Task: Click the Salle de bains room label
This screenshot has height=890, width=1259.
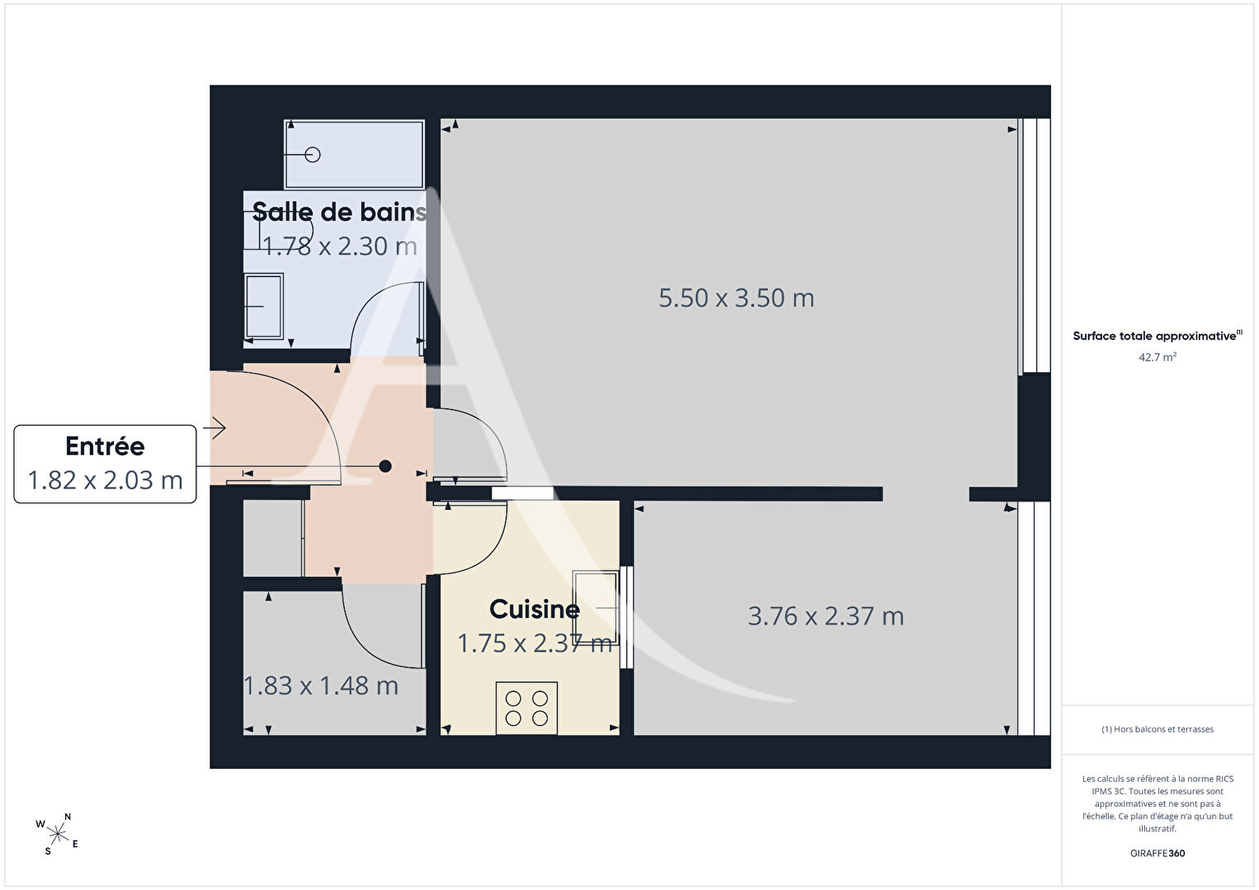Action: (x=339, y=212)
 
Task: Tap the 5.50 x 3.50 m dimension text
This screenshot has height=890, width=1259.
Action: (x=736, y=298)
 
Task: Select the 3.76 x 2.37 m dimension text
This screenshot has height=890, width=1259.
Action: (x=826, y=616)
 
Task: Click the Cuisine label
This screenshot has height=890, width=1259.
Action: (x=535, y=610)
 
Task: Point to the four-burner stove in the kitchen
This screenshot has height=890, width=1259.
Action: (x=526, y=708)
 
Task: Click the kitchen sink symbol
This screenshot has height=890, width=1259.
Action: (x=595, y=607)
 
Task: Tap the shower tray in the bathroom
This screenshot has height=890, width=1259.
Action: (x=354, y=154)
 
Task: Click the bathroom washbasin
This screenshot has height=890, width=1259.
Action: (x=264, y=306)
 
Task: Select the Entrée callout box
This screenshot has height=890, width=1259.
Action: (x=105, y=464)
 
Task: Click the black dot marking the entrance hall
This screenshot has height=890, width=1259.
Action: (x=385, y=466)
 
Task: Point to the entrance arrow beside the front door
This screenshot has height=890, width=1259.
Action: (x=215, y=428)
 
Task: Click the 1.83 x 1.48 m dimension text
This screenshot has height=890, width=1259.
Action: (x=321, y=685)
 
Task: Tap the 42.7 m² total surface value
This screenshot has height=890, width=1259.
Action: (x=1158, y=357)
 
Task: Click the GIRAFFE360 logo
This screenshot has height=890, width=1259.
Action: (x=1158, y=853)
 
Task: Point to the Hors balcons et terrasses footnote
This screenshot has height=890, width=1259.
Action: (x=1158, y=728)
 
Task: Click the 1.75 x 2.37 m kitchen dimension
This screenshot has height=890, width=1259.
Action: (x=535, y=643)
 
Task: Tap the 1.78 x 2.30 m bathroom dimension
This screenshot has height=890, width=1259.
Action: (x=340, y=247)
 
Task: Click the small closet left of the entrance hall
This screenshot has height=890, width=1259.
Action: (x=273, y=538)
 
